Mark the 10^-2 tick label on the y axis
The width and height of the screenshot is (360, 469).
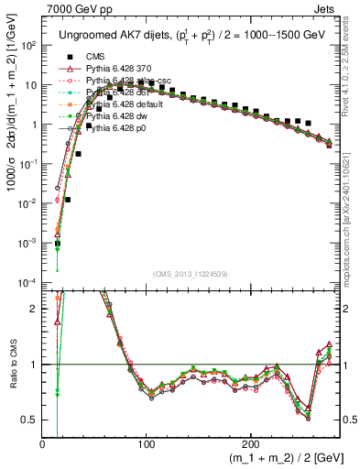(27, 202)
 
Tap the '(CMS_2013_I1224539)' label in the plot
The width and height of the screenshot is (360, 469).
(191, 272)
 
